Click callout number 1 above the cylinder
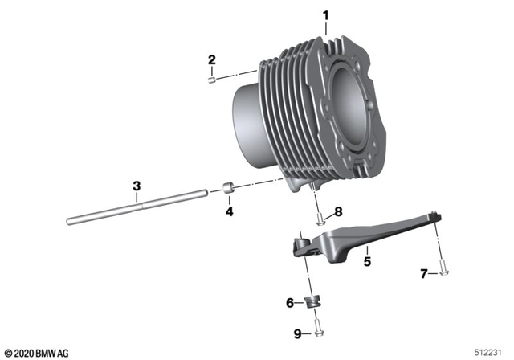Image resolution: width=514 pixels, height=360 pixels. click(x=326, y=14)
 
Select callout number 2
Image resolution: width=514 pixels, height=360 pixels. click(x=212, y=59)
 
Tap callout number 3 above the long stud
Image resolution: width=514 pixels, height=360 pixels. click(x=137, y=186)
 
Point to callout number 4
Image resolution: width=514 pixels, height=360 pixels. click(x=229, y=212)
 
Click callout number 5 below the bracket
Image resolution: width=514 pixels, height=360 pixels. click(x=366, y=261)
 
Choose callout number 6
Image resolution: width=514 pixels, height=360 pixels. click(x=290, y=303)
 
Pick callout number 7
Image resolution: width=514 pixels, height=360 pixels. click(x=424, y=275)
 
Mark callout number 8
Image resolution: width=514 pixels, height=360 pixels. click(x=338, y=212)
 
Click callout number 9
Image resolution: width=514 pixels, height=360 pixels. click(x=298, y=333)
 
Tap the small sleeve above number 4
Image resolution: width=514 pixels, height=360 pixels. click(x=229, y=190)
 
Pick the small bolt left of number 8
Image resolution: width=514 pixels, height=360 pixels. click(x=320, y=215)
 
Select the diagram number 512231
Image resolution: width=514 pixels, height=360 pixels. click(x=489, y=352)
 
